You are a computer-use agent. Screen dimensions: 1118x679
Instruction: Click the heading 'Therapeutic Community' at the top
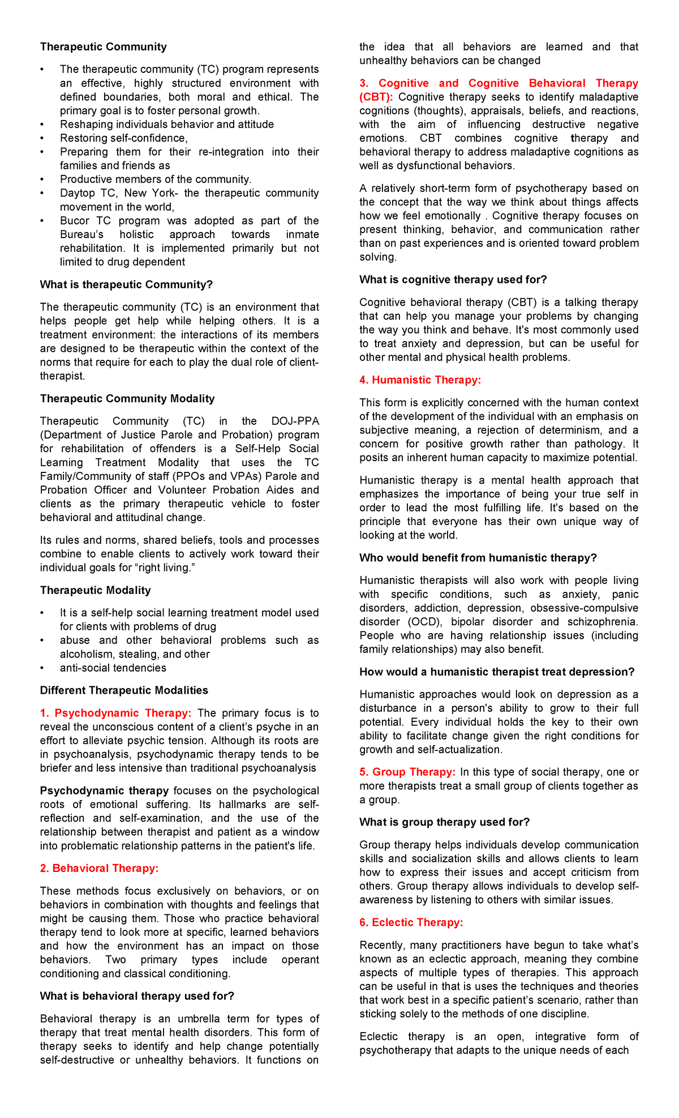[103, 47]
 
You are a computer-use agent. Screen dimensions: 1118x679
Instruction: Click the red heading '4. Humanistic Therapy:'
[420, 380]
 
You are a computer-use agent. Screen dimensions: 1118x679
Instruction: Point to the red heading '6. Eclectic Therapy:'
[411, 922]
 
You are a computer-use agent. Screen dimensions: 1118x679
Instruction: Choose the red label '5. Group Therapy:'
[407, 772]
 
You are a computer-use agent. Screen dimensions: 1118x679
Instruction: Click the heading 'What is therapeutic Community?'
[126, 285]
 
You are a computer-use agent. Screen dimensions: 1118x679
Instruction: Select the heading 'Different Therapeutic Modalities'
[124, 690]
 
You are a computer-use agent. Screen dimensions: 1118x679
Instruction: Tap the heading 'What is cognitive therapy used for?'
[453, 279]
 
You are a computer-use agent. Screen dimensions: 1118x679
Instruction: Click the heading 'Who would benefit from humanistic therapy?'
[478, 558]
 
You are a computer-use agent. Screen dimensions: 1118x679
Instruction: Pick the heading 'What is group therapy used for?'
[444, 822]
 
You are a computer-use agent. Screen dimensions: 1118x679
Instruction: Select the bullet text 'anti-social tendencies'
[113, 668]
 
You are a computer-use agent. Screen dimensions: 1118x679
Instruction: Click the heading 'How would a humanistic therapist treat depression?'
[497, 672]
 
